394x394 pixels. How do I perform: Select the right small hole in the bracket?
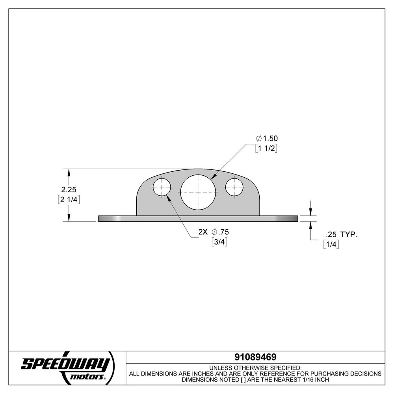coord(234,187)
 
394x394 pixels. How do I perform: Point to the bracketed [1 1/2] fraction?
coord(267,149)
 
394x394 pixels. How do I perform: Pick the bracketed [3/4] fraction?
coord(219,242)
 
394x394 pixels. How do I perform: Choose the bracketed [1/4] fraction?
coord(331,244)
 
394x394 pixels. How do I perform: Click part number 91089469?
coord(255,357)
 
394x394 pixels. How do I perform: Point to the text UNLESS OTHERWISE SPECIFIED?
coord(255,367)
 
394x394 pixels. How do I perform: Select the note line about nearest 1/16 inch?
coord(255,379)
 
